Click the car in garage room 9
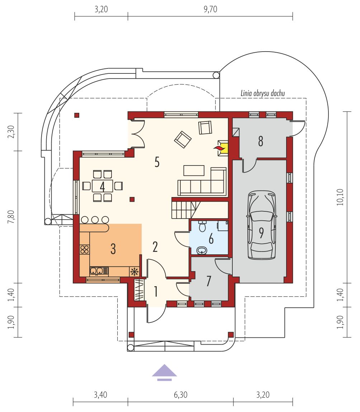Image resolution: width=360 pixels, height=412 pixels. click(261, 225)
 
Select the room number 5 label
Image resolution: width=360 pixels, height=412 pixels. click(157, 162)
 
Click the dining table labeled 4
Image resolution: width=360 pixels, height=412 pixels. click(103, 186)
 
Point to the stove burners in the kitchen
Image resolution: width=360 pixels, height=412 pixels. click(85, 249)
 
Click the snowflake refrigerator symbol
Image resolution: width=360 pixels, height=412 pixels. click(134, 272)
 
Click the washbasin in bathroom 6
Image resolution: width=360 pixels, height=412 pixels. click(202, 250)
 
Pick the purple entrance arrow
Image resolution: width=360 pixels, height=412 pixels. click(164, 372)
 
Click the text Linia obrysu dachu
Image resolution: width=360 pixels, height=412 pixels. click(263, 93)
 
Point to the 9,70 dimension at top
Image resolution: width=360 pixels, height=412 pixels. click(210, 9)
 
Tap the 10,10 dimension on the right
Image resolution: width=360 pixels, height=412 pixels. click(340, 197)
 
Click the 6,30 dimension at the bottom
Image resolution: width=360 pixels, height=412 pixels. click(180, 395)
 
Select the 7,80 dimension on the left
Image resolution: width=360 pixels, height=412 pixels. click(11, 217)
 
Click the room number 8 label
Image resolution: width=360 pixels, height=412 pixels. click(261, 141)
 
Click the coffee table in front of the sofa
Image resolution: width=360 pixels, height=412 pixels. click(194, 170)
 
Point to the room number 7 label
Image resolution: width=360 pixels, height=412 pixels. click(209, 281)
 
